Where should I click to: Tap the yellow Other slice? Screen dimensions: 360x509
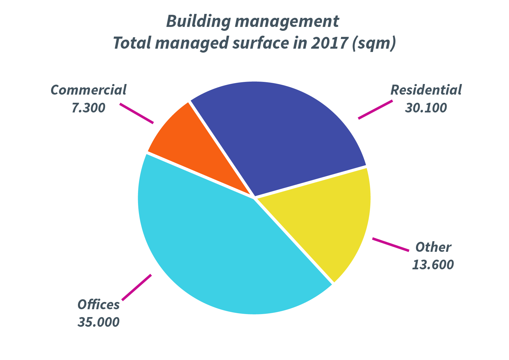tap(326, 218)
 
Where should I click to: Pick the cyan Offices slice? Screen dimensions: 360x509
tap(211, 242)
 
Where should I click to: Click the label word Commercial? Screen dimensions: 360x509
tap(89, 90)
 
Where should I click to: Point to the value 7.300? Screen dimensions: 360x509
tap(89, 108)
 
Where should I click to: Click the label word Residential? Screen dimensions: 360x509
tap(426, 90)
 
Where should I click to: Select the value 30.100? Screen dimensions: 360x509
tap(426, 108)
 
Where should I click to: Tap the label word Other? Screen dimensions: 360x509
tap(433, 247)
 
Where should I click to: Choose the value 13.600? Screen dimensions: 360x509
tap(433, 265)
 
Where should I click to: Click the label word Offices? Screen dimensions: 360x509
tap(98, 304)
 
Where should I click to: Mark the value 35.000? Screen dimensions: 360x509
tap(98, 322)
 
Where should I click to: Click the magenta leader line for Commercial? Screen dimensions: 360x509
tap(137, 113)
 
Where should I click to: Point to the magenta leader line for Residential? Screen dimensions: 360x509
tap(375, 109)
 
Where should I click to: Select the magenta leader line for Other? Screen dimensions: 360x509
tap(391, 245)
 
